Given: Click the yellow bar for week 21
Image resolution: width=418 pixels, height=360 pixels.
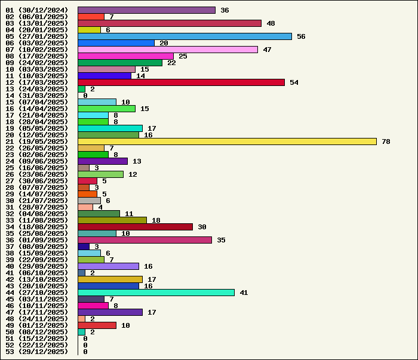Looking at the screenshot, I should [227, 141].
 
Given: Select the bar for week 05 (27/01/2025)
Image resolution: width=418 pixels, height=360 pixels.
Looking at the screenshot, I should [185, 36].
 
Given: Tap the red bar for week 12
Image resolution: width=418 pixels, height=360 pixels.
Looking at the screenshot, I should [181, 82].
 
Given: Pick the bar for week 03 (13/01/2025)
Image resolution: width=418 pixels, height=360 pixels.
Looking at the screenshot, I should [170, 23].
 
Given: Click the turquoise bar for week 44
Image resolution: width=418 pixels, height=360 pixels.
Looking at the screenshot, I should [156, 293].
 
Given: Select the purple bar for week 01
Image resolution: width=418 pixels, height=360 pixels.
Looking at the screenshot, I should [146, 10].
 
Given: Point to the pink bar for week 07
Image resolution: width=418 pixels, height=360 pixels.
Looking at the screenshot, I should [168, 50].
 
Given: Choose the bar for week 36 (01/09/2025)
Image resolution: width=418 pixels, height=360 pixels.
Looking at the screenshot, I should [145, 240].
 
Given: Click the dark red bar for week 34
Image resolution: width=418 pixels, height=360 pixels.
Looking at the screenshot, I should [135, 227].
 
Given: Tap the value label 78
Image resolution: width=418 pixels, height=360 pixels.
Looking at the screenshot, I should [386, 141].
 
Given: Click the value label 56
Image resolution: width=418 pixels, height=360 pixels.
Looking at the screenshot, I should [301, 36].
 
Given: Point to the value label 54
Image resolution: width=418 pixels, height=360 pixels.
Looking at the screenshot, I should [294, 82].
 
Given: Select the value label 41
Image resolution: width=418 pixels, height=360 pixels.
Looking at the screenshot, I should [244, 293].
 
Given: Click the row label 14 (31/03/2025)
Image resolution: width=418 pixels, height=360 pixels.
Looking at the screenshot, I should [37, 96].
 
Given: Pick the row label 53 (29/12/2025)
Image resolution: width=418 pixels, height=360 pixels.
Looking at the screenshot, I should [37, 352].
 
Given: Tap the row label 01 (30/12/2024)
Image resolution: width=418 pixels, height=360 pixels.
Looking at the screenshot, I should [37, 10].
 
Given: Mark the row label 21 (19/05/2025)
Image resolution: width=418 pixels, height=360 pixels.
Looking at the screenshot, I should [37, 141].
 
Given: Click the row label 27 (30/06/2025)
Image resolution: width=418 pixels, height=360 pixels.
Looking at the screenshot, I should [37, 181].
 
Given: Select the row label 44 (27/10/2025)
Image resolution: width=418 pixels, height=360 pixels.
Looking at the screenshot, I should [37, 293].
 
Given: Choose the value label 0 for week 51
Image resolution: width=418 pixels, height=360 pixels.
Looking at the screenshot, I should [85, 339].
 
